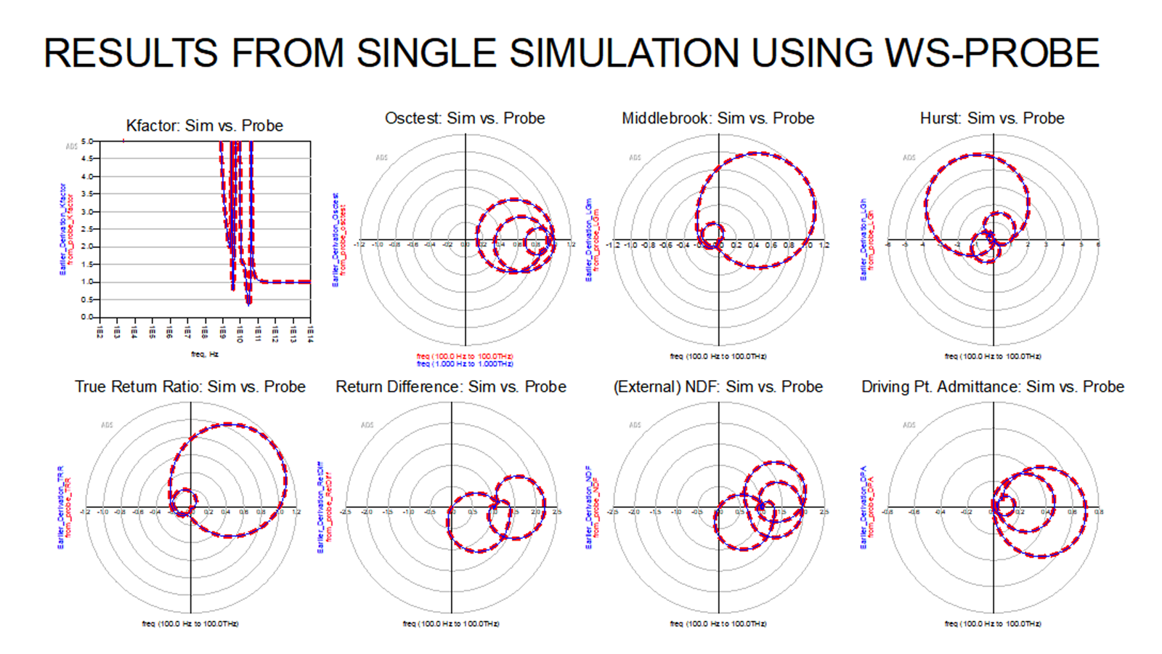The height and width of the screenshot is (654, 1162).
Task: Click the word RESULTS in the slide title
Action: [131, 53]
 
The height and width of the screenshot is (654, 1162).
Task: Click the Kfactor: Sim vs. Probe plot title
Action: [204, 126]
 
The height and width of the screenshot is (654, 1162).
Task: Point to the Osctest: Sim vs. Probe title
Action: [465, 118]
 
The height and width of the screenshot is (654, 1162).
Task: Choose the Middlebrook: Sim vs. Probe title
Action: [718, 118]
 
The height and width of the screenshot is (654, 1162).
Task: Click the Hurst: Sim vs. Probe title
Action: [992, 118]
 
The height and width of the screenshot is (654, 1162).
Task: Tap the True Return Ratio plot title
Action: [190, 387]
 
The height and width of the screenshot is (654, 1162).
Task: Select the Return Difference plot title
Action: [450, 387]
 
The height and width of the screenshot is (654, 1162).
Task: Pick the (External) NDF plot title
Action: [718, 387]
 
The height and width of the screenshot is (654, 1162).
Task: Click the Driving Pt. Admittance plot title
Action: [992, 387]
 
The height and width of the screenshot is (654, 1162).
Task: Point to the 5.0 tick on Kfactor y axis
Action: [87, 141]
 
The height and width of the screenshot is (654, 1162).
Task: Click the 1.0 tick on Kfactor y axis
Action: [87, 282]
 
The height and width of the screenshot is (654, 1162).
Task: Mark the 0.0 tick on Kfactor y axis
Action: [87, 317]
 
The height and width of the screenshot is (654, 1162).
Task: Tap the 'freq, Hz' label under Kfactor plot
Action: [205, 354]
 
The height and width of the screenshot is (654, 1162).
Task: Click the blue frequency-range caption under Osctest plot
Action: [465, 363]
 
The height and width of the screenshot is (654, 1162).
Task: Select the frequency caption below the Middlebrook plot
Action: [718, 356]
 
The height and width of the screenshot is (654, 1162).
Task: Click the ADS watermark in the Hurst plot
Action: [909, 157]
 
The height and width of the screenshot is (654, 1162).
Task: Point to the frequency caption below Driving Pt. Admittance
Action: [992, 623]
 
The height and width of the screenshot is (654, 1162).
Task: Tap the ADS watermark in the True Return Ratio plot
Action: [107, 425]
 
